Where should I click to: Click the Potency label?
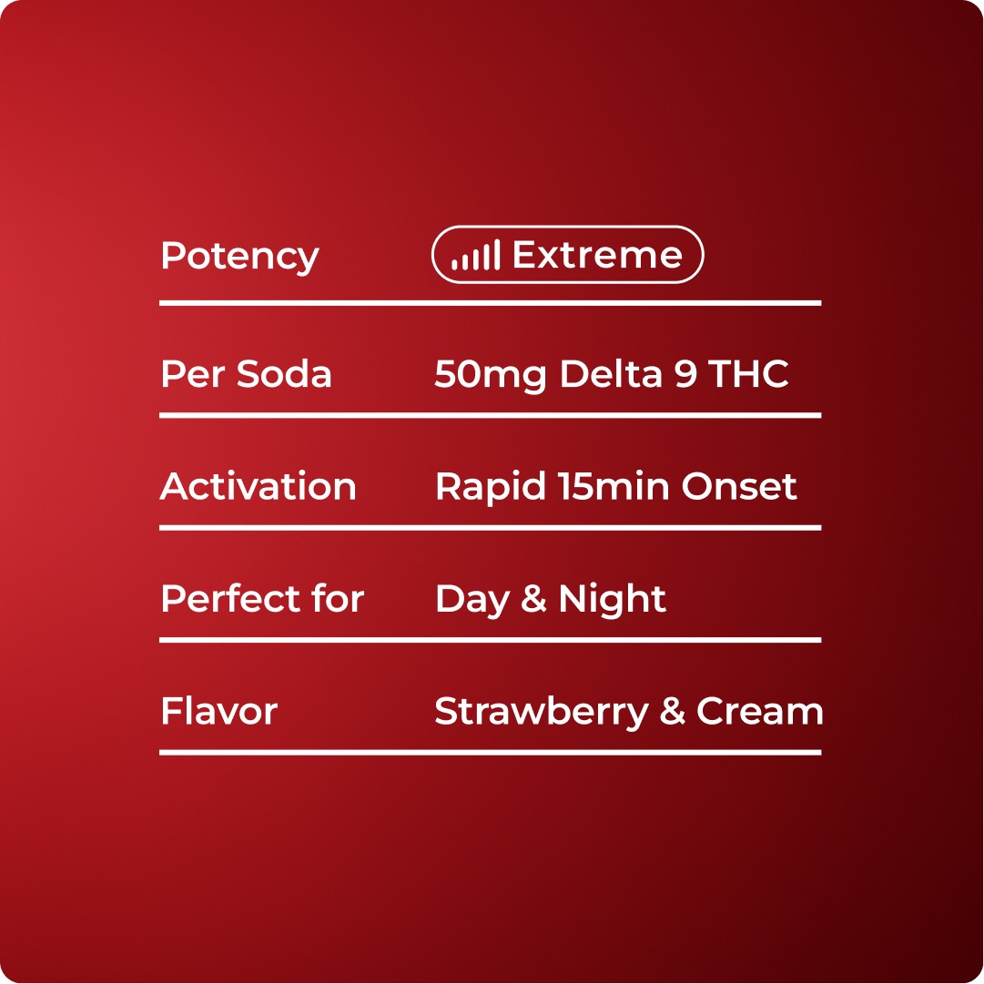(x=239, y=257)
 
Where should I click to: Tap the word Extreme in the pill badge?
(x=597, y=255)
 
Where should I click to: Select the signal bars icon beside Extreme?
(x=476, y=255)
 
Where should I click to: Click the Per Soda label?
(x=246, y=374)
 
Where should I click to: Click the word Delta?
(x=611, y=374)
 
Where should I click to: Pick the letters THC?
(x=748, y=374)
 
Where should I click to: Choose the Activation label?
(x=258, y=486)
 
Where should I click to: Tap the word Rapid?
(x=490, y=488)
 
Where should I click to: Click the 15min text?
(x=614, y=486)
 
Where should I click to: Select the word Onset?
(x=739, y=486)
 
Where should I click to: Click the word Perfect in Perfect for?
(x=228, y=599)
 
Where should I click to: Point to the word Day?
(x=472, y=600)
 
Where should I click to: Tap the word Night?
(x=612, y=600)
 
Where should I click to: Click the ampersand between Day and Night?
(x=533, y=599)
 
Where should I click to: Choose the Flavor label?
(x=219, y=711)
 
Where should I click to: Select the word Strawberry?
(x=541, y=712)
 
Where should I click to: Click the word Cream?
(x=759, y=711)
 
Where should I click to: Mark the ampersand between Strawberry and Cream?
(x=672, y=711)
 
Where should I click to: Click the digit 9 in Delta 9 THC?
(x=685, y=374)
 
